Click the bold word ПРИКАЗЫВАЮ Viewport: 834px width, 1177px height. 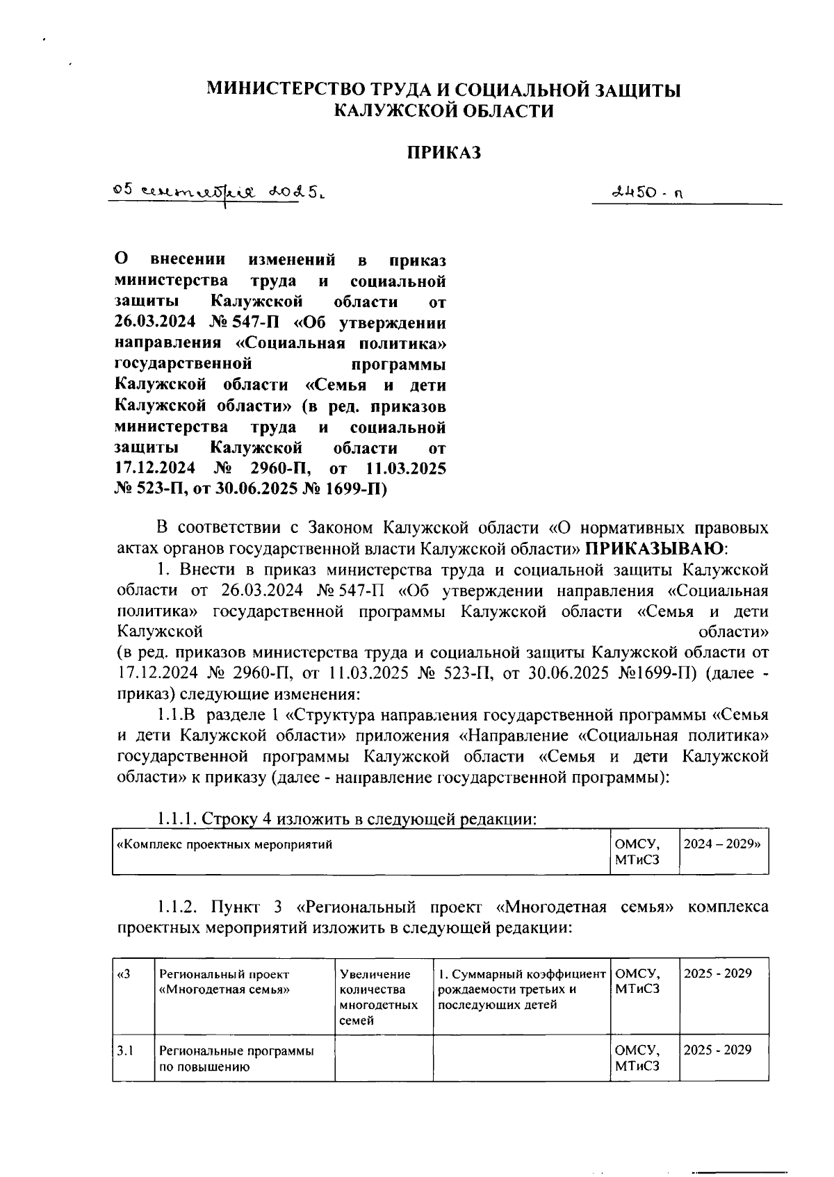point(653,549)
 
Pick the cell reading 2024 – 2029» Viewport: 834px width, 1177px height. point(723,845)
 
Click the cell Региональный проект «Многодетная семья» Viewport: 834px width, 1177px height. point(229,982)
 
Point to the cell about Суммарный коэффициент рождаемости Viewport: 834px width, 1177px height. point(521,989)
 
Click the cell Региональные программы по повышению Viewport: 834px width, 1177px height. point(236,1059)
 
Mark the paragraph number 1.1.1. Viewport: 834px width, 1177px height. point(177,819)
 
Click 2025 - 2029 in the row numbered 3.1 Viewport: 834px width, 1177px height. point(718,1050)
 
